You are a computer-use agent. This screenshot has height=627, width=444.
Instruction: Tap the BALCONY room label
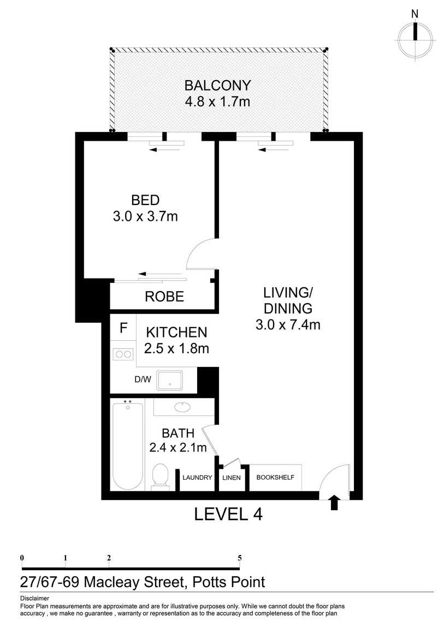click(217, 86)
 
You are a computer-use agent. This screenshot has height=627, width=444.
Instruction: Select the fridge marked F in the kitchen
click(123, 328)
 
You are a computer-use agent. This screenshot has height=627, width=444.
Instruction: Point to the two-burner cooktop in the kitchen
click(122, 354)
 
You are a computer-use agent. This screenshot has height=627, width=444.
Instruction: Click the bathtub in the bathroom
click(128, 445)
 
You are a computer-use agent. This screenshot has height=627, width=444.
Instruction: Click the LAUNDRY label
click(197, 478)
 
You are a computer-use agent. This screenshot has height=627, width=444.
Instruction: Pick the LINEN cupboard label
click(232, 478)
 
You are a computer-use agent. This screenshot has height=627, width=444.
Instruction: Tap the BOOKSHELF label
click(275, 478)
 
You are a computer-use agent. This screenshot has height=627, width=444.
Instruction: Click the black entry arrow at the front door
click(335, 503)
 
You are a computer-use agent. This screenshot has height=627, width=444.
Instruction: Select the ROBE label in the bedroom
click(164, 297)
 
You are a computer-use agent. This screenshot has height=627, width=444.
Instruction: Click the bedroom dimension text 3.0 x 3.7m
click(145, 216)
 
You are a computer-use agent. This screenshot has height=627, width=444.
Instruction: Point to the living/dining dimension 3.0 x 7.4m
click(287, 325)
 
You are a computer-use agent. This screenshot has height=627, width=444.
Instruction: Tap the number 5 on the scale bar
click(239, 558)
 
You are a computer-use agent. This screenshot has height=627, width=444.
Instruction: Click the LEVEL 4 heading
click(228, 514)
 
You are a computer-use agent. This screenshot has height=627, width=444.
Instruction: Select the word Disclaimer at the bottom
click(34, 599)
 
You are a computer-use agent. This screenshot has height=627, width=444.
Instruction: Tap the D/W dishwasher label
click(143, 379)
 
